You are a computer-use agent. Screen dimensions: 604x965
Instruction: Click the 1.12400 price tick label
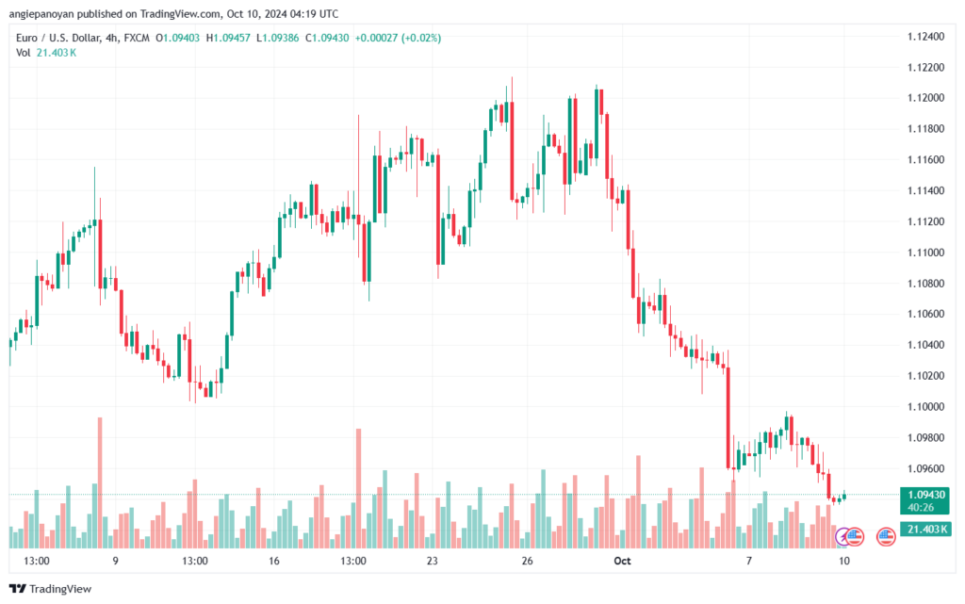[x=925, y=37]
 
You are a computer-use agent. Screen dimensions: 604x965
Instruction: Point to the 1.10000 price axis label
[x=925, y=406]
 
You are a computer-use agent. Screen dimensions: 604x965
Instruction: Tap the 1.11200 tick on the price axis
[x=925, y=221]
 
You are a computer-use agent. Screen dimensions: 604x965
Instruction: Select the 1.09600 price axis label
[x=925, y=468]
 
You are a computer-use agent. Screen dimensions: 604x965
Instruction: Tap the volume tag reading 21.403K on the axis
[x=923, y=530]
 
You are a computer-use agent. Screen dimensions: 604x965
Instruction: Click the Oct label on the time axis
[x=620, y=561]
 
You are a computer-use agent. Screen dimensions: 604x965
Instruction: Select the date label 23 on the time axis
[x=433, y=561]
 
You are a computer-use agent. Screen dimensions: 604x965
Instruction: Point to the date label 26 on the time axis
[x=528, y=561]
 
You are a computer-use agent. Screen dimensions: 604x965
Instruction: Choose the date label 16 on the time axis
[x=274, y=561]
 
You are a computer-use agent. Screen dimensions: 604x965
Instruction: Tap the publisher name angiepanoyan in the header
[x=60, y=14]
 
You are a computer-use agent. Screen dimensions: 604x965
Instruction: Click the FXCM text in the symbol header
[x=137, y=38]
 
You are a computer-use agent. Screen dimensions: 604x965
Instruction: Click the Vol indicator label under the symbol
[x=24, y=52]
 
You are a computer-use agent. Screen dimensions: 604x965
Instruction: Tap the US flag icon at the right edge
[x=886, y=537]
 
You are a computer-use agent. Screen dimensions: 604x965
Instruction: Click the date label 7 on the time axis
[x=748, y=561]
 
